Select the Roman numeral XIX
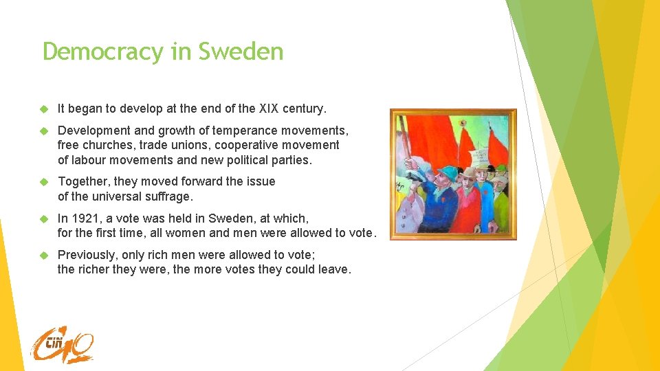click(272, 109)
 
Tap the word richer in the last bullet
click(98, 269)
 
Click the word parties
click(291, 160)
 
